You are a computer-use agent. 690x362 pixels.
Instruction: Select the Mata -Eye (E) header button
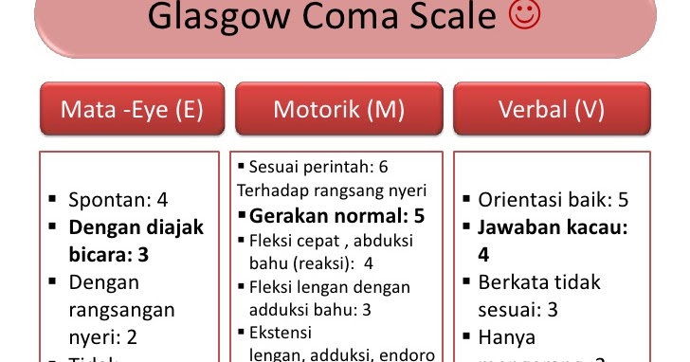pyautogui.click(x=132, y=110)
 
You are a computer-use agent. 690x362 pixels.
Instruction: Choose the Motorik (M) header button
pyautogui.click(x=338, y=110)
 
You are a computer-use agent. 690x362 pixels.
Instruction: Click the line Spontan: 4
pyautogui.click(x=118, y=200)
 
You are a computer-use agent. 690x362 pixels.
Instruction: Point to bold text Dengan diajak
pyautogui.click(x=136, y=227)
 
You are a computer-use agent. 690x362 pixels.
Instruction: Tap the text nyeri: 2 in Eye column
pyautogui.click(x=102, y=336)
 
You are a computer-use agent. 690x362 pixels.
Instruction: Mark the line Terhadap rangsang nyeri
pyautogui.click(x=332, y=190)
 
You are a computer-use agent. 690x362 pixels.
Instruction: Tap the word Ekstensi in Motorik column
pyautogui.click(x=280, y=333)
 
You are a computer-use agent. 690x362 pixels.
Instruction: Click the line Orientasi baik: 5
pyautogui.click(x=554, y=200)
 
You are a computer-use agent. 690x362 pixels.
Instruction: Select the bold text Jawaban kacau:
pyautogui.click(x=554, y=227)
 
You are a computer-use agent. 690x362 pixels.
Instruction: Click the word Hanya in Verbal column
pyautogui.click(x=507, y=336)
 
